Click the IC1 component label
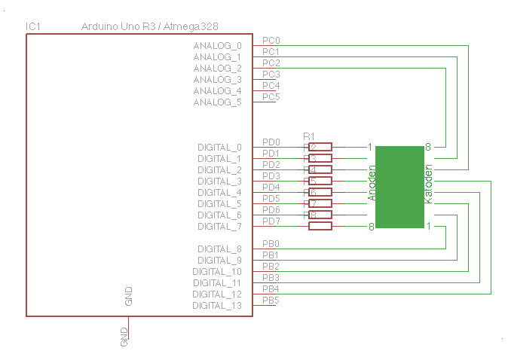click(x=32, y=26)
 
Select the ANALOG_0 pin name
click(x=218, y=46)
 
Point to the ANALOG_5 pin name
click(x=218, y=102)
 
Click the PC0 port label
click(x=271, y=40)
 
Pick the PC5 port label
click(x=271, y=96)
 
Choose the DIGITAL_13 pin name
click(x=217, y=306)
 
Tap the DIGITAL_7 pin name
click(x=220, y=227)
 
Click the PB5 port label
click(x=271, y=301)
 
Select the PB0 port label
click(x=271, y=244)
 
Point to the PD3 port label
click(x=271, y=175)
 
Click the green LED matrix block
click(x=399, y=187)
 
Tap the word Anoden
click(x=372, y=184)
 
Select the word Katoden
click(x=428, y=184)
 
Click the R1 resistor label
click(x=308, y=136)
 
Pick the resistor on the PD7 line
click(x=320, y=226)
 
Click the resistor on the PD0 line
click(x=320, y=147)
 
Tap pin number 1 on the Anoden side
click(x=370, y=147)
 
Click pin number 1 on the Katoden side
click(x=428, y=226)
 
